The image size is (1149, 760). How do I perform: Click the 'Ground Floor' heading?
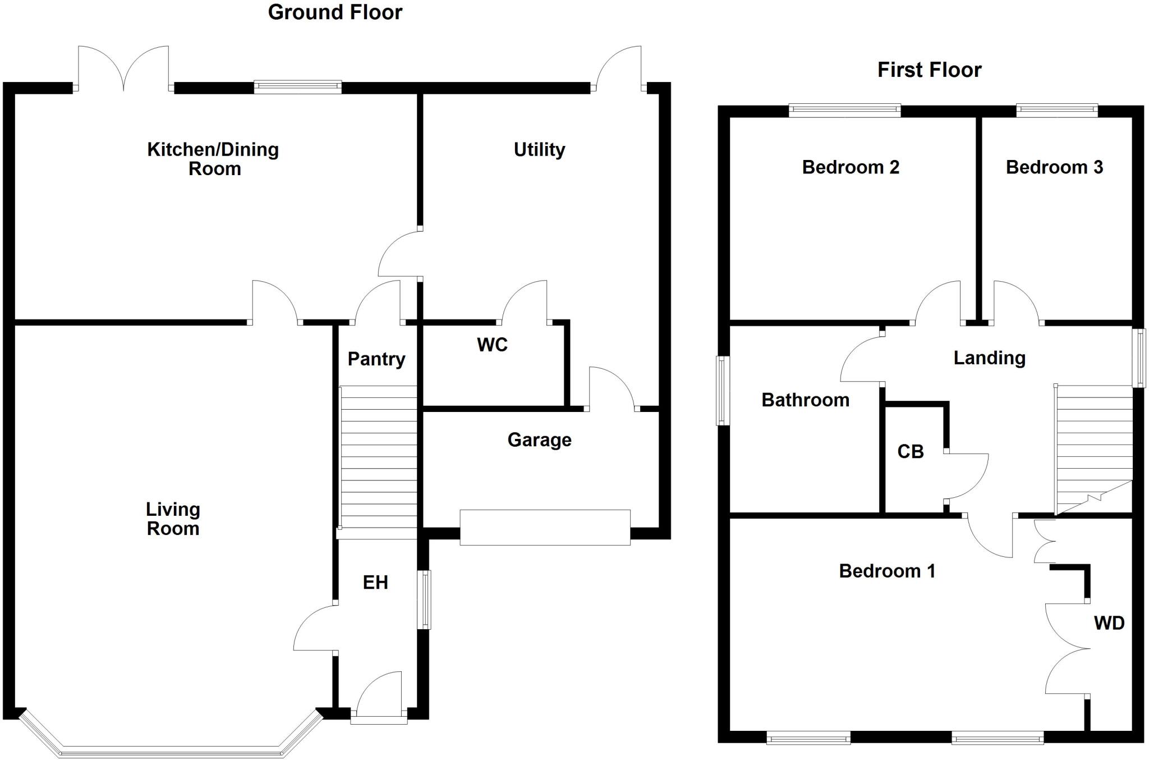[x=335, y=12]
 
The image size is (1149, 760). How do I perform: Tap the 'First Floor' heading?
[x=929, y=70]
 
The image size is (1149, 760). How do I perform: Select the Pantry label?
[x=376, y=359]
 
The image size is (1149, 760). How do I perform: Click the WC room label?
[x=492, y=345]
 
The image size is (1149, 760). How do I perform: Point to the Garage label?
[x=539, y=439]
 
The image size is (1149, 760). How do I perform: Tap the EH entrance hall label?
[x=375, y=583]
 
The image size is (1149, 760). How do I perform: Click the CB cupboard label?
[x=910, y=451]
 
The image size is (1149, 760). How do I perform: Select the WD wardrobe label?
[x=1109, y=623]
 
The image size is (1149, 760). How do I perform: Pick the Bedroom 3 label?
[x=1054, y=167]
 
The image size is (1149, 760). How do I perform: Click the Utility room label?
[x=539, y=149]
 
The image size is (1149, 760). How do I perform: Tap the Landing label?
[x=989, y=358]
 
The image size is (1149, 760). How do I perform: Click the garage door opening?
[x=545, y=527]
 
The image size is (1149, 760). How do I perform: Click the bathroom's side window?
[x=723, y=391]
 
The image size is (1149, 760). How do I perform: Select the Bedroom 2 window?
[x=844, y=111]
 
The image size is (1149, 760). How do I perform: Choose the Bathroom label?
[x=805, y=400]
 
